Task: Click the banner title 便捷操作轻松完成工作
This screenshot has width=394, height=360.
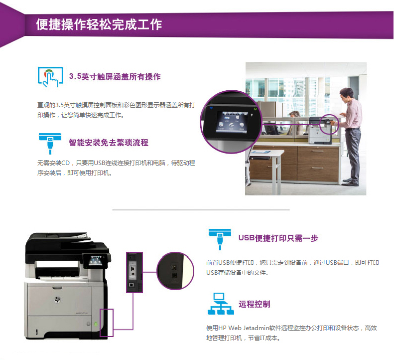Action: pyautogui.click(x=99, y=24)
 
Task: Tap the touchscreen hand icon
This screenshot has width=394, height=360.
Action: pyautogui.click(x=50, y=77)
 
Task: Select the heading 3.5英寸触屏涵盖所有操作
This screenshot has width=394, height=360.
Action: pyautogui.click(x=115, y=76)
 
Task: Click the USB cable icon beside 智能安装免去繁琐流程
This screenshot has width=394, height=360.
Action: pyautogui.click(x=50, y=144)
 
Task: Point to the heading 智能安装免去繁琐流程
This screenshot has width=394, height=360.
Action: pyautogui.click(x=109, y=143)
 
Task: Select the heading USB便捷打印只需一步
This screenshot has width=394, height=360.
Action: pyautogui.click(x=278, y=238)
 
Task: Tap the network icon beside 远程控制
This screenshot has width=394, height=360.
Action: pyautogui.click(x=221, y=304)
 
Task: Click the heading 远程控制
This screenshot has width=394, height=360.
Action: pyautogui.click(x=255, y=304)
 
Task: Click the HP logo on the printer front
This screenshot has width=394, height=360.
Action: pyautogui.click(x=58, y=299)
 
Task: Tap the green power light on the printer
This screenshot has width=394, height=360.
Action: pyautogui.click(x=96, y=324)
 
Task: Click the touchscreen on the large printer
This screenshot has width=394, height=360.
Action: pyautogui.click(x=96, y=260)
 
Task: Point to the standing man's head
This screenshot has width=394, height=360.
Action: pyautogui.click(x=347, y=95)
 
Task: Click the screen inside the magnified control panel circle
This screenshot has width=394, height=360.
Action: pyautogui.click(x=232, y=122)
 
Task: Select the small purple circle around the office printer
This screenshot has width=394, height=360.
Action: pyautogui.click(x=329, y=124)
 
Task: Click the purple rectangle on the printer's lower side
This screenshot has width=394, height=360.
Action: pyautogui.click(x=107, y=323)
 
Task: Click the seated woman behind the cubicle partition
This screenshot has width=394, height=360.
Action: pyautogui.click(x=296, y=123)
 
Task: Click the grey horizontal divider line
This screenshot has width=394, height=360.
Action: pyautogui.click(x=201, y=209)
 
